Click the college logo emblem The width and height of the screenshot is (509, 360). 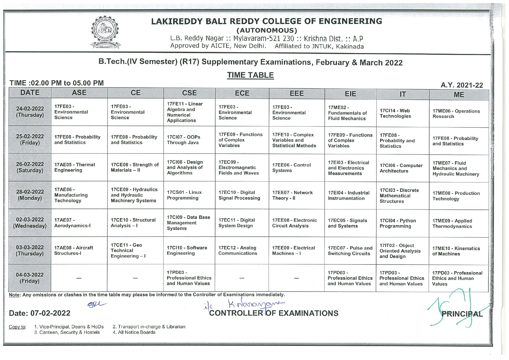tap(105, 32)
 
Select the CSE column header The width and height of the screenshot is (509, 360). tap(189, 93)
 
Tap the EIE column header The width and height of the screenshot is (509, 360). tap(350, 94)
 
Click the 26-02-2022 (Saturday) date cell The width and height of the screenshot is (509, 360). tap(30, 167)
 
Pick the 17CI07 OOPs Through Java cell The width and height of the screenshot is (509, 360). tap(189, 140)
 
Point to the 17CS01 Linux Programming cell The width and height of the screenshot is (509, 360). tap(189, 195)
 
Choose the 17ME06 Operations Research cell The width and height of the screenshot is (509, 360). tap(459, 114)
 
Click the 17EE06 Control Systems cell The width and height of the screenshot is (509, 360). tap(296, 168)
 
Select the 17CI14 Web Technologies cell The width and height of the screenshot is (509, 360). tap(402, 113)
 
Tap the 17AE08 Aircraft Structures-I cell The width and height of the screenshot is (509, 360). tap(79, 251)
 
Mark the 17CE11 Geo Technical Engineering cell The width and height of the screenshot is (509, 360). tap(135, 250)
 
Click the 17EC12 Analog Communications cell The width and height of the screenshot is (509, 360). tap(242, 251)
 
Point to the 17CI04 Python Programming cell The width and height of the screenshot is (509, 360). tap(402, 223)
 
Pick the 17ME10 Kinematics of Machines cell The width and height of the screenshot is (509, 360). tap(459, 251)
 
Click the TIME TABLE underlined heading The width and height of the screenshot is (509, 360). tap(250, 75)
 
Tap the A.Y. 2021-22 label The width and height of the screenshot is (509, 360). tap(462, 85)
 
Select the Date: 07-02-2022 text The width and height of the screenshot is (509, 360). tap(40, 313)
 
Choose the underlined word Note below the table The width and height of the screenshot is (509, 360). tap(14, 295)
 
